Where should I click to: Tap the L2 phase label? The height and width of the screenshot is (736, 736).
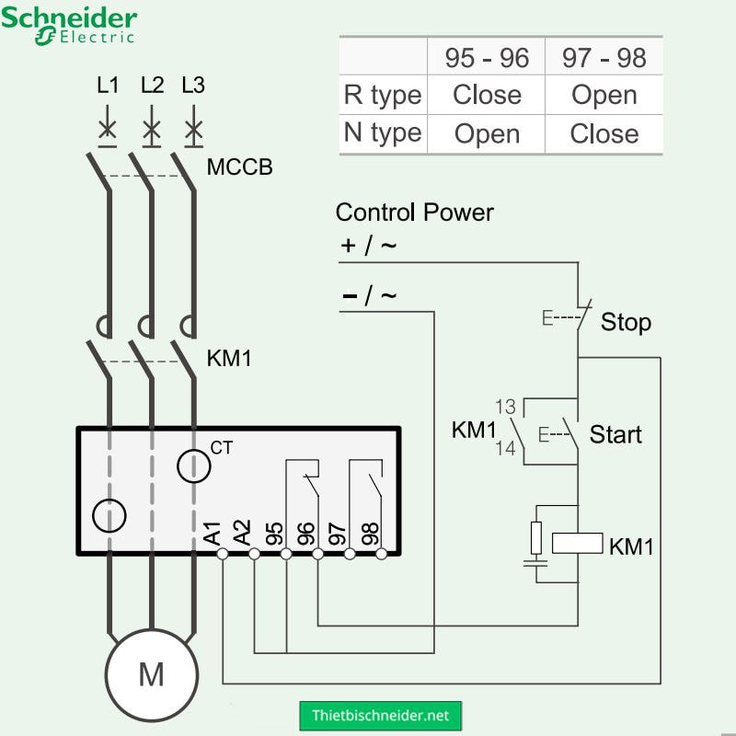tap(152, 86)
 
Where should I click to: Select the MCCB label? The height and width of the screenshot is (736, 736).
tap(239, 168)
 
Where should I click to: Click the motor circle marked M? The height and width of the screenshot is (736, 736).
tap(151, 674)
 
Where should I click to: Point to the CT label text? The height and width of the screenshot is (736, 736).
tap(222, 448)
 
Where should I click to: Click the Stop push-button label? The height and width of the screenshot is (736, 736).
tap(626, 322)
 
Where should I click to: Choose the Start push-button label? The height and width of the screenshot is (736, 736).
tap(615, 433)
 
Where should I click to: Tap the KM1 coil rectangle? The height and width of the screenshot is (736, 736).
tap(577, 543)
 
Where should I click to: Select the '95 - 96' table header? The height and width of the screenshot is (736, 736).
tap(487, 58)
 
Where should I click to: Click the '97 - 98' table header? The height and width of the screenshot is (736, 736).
tap(604, 58)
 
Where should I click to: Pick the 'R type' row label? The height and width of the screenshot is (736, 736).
tap(382, 95)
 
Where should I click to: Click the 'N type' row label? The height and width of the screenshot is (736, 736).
tap(382, 132)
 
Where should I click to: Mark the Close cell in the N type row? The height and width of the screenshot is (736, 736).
tap(604, 133)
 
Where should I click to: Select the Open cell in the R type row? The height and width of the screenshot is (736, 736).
tap(604, 95)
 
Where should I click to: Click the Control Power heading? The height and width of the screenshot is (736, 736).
tap(414, 213)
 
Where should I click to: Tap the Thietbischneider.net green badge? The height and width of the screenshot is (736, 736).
tap(380, 715)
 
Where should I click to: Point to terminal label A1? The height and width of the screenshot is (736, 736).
tap(213, 533)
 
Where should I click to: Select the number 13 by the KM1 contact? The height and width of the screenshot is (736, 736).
tap(505, 407)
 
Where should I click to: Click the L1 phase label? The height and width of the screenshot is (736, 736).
tap(109, 86)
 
